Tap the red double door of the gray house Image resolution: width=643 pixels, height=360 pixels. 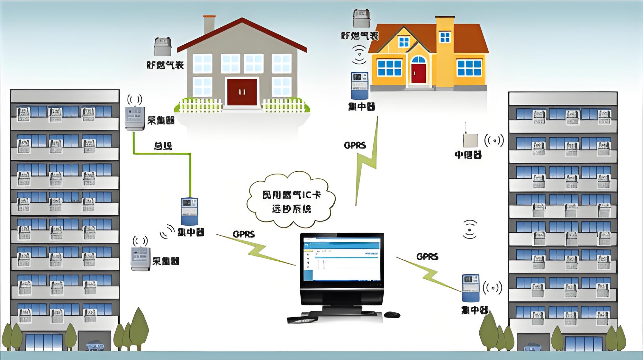pyautogui.click(x=242, y=92)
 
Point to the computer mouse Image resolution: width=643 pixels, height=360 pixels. pyautogui.click(x=392, y=314)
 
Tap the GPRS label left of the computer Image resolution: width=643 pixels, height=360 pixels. pyautogui.click(x=244, y=234)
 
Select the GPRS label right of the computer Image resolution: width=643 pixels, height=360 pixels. pyautogui.click(x=427, y=256)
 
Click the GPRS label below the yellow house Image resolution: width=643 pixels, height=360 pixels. pyautogui.click(x=355, y=145)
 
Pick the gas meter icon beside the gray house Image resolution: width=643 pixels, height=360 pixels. pyautogui.click(x=163, y=47)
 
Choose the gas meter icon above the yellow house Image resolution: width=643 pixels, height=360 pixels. pyautogui.click(x=362, y=19)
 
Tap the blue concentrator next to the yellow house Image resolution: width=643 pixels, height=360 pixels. pyautogui.click(x=359, y=86)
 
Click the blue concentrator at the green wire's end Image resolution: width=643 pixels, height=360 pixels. pyautogui.click(x=189, y=211)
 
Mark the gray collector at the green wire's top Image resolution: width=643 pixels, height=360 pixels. pyautogui.click(x=135, y=117)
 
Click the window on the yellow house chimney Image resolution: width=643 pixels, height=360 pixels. pyautogui.click(x=445, y=37)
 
